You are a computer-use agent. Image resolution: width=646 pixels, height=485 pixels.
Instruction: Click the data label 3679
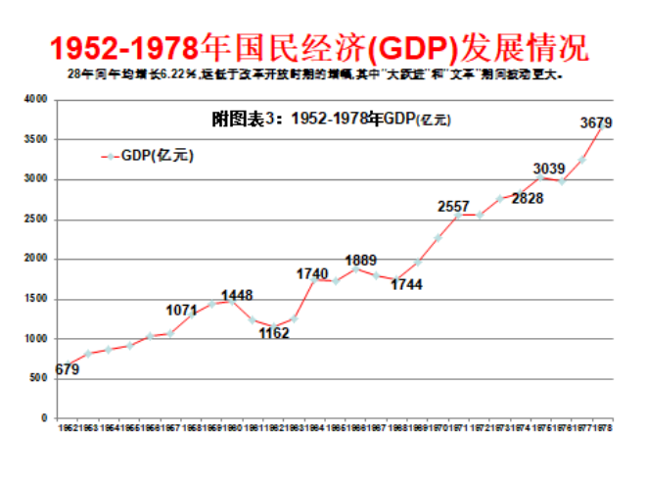click(x=596, y=122)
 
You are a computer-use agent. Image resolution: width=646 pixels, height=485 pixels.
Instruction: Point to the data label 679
click(x=68, y=369)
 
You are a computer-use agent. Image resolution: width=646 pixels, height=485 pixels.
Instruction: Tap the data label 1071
click(x=182, y=311)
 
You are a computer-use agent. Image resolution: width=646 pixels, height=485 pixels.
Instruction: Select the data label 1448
click(x=237, y=295)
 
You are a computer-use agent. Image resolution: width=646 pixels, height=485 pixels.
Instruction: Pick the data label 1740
click(x=312, y=273)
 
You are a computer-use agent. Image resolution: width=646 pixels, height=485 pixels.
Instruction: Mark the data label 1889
click(x=360, y=260)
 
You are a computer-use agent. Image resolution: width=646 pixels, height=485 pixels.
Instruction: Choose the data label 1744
click(x=409, y=284)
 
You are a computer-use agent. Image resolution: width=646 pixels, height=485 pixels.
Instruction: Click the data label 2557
click(x=453, y=206)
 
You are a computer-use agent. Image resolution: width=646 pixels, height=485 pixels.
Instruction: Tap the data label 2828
click(x=527, y=198)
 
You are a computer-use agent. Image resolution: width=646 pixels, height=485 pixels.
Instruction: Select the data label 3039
click(x=549, y=169)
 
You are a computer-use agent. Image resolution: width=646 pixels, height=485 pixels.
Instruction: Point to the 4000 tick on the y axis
click(x=36, y=99)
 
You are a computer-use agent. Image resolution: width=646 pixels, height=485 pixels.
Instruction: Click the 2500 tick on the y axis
click(x=36, y=218)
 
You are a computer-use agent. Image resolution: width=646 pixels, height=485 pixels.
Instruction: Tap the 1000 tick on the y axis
click(x=36, y=338)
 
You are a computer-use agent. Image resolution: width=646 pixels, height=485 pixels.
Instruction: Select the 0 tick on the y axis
click(x=44, y=418)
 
